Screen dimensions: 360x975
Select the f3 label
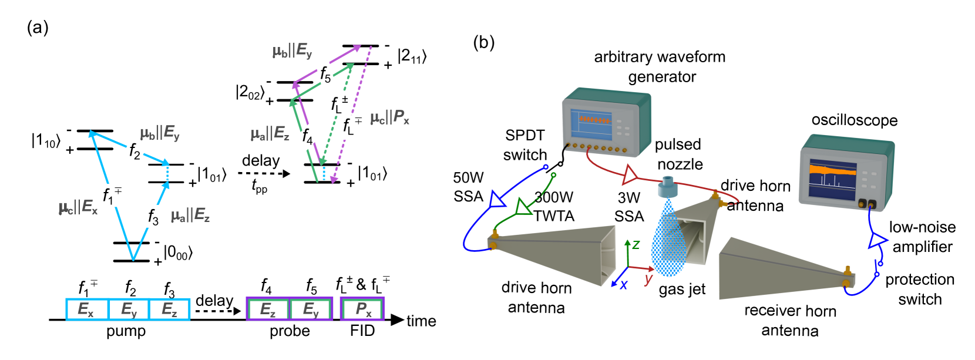point(155,216)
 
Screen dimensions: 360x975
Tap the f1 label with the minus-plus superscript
point(113,196)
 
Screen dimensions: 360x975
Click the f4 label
point(307,138)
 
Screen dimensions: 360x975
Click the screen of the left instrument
point(591,124)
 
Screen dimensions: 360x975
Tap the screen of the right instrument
point(832,179)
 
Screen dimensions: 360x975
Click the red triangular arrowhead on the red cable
point(629,174)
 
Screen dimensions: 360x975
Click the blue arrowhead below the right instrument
point(877,240)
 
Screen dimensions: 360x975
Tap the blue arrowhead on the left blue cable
point(496,200)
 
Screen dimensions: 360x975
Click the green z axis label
point(636,244)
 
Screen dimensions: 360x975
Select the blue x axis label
point(623,285)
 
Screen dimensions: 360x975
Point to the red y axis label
point(648,279)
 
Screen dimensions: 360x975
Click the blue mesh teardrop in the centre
point(668,244)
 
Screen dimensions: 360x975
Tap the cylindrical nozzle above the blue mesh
point(668,187)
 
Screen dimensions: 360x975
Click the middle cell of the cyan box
point(129,309)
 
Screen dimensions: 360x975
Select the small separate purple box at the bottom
point(362,309)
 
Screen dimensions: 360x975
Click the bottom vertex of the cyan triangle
point(133,259)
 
